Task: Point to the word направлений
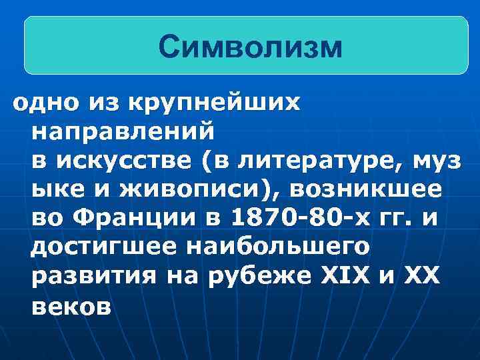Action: coord(123,131)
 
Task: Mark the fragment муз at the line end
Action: coord(439,161)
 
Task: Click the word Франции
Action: coord(136,219)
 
